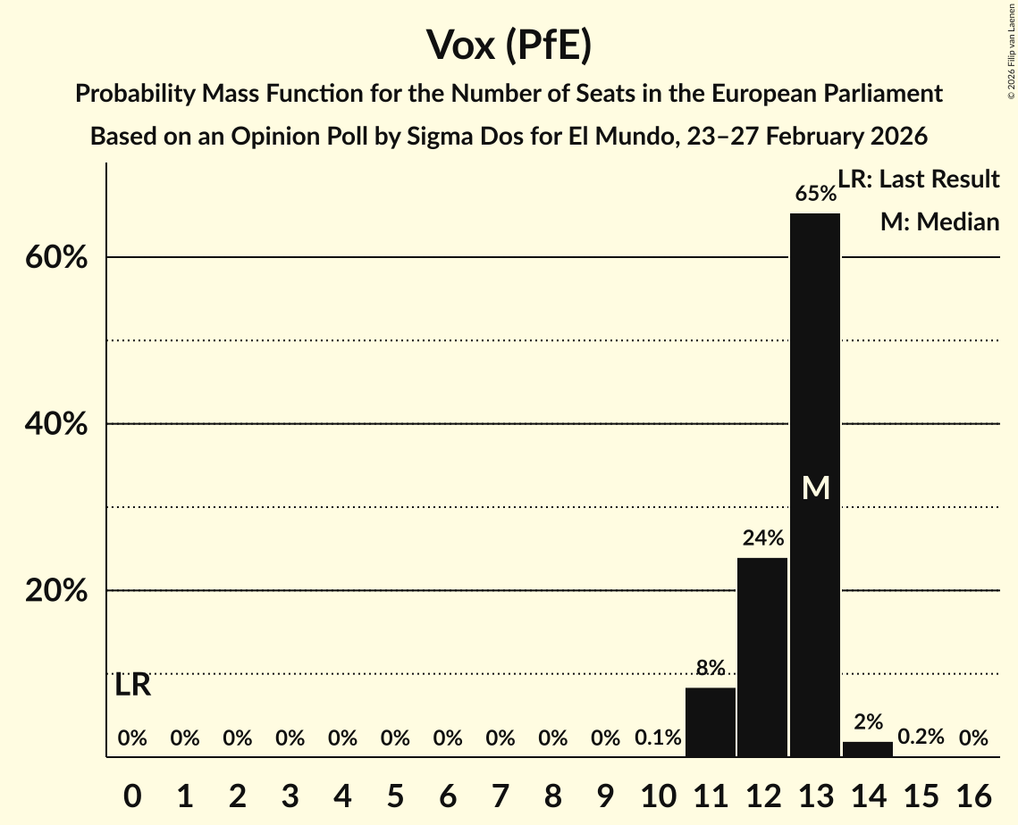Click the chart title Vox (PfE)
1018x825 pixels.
pyautogui.click(x=509, y=45)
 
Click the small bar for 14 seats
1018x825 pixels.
pyautogui.click(x=868, y=749)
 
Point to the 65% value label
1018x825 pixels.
pyautogui.click(x=815, y=194)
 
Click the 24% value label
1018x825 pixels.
pyautogui.click(x=762, y=538)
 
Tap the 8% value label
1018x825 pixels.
pyautogui.click(x=711, y=668)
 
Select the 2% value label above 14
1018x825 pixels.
pyautogui.click(x=868, y=722)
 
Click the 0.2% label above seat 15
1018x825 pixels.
pyautogui.click(x=921, y=737)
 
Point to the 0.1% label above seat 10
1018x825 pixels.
pyautogui.click(x=658, y=737)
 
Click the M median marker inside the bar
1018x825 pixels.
pyautogui.click(x=815, y=487)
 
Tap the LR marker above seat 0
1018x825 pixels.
pyautogui.click(x=132, y=686)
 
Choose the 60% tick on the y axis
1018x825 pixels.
pyautogui.click(x=55, y=258)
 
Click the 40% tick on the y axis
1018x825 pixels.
pyautogui.click(x=55, y=425)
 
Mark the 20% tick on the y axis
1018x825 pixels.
pyautogui.click(x=55, y=592)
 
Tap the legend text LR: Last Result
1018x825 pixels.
pyautogui.click(x=919, y=179)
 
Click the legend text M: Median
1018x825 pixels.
pyautogui.click(x=939, y=222)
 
